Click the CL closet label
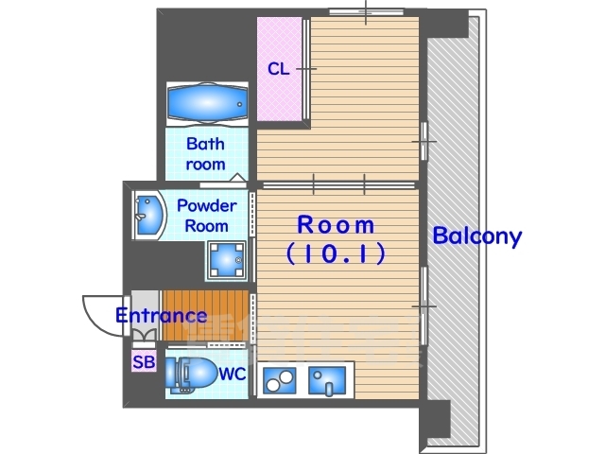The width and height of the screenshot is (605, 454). coord(278,69)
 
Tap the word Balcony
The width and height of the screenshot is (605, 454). coord(476,236)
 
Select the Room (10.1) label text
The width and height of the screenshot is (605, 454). coord(336,239)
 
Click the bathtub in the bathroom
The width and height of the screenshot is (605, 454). coord(207,104)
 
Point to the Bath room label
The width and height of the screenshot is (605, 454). coord(206,154)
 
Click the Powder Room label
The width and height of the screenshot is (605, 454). coord(206,216)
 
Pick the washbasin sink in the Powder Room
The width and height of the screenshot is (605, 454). coord(149,216)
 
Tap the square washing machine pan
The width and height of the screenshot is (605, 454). coord(227,261)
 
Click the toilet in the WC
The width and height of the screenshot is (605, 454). coord(191,375)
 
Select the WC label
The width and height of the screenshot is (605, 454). coord(233,375)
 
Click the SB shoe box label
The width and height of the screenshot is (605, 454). coord(144,361)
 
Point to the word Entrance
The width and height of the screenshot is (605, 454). coord(162,315)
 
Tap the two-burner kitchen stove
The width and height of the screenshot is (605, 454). coord(280,380)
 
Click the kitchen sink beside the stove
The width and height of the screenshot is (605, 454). coord(327,380)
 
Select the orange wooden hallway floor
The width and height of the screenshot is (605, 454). coord(206,315)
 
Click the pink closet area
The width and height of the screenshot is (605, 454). coord(280,69)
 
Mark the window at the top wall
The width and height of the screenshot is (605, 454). coord(366,12)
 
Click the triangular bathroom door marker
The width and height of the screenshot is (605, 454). coord(237,177)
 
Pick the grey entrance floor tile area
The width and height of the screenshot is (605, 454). coord(145,315)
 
